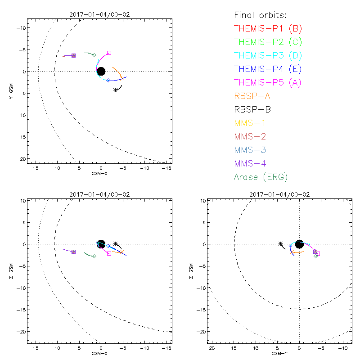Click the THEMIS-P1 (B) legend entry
(268, 28)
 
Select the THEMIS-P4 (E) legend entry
(268, 69)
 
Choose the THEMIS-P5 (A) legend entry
(268, 82)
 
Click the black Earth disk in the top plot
(101, 71)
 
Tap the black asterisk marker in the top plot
(116, 90)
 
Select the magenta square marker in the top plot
(109, 53)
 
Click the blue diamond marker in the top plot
(108, 80)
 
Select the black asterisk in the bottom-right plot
(281, 243)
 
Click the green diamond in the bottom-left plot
(94, 256)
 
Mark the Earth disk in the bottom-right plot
(300, 244)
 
